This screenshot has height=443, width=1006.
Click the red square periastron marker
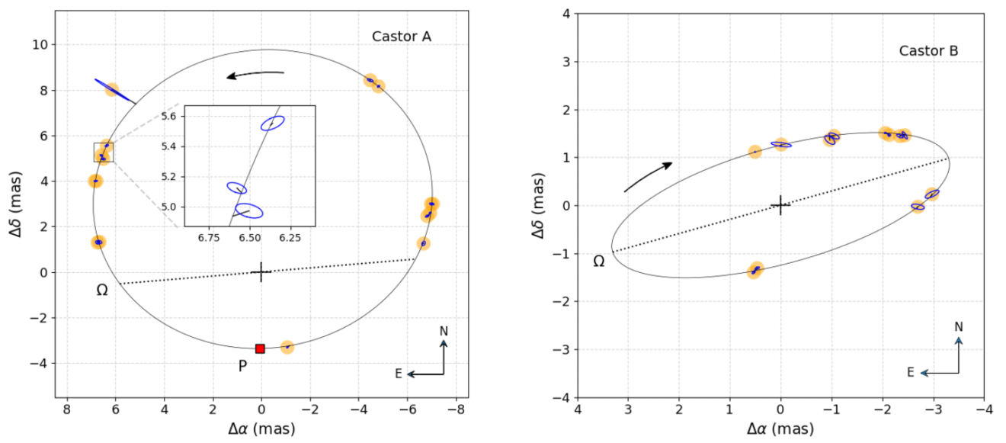[260, 348]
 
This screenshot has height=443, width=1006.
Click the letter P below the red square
[242, 366]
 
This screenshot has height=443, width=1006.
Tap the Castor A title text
[402, 37]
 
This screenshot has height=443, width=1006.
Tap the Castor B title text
[928, 51]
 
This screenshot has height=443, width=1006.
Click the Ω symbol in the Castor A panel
[102, 291]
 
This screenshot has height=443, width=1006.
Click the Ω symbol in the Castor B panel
[599, 262]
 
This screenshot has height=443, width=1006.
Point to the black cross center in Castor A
[261, 272]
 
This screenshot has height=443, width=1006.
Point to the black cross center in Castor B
[780, 205]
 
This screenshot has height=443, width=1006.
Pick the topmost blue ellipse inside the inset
[273, 123]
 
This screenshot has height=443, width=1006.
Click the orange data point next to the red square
[287, 347]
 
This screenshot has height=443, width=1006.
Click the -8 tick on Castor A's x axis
[456, 409]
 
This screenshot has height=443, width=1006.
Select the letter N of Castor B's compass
[959, 327]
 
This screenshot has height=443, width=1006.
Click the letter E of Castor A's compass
[399, 374]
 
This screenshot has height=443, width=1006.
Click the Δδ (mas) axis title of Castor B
[538, 204]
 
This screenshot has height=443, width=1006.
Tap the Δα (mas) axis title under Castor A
[261, 429]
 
